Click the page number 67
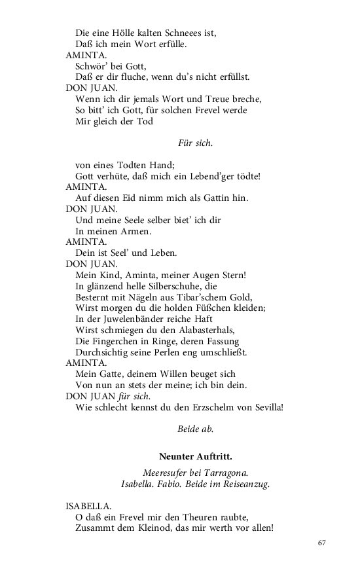(x=321, y=543)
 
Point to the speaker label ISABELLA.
(x=88, y=505)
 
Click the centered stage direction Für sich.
(x=195, y=142)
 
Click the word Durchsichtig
(x=105, y=351)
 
